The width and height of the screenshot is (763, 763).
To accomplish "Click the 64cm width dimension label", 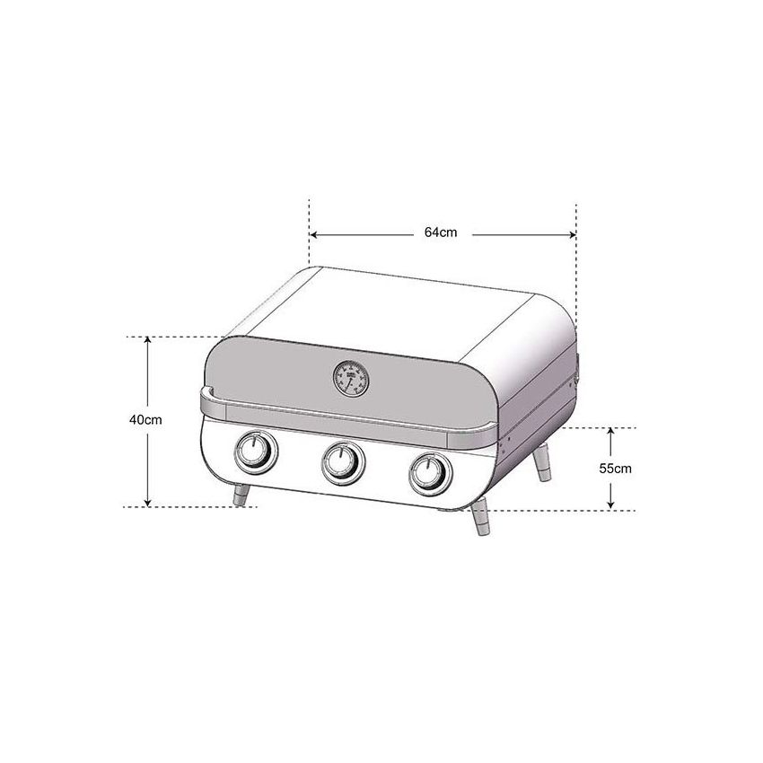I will pyautogui.click(x=441, y=232).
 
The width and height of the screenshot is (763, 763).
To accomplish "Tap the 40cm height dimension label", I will pyautogui.click(x=145, y=420).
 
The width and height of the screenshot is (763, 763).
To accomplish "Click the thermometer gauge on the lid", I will pyautogui.click(x=350, y=378).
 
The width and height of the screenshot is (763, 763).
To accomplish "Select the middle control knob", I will pyautogui.click(x=341, y=461).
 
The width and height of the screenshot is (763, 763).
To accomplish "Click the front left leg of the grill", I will pyautogui.click(x=241, y=495).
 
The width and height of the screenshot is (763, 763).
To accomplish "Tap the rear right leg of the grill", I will pyautogui.click(x=543, y=463).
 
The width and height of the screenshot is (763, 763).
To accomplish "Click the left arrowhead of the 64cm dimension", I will pyautogui.click(x=315, y=234).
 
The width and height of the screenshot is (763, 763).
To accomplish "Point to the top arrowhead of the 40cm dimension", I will pyautogui.click(x=148, y=342).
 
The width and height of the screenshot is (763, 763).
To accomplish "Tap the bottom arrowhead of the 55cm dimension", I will pyautogui.click(x=610, y=504).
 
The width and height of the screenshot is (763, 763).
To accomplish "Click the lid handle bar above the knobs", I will pyautogui.click(x=350, y=421).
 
